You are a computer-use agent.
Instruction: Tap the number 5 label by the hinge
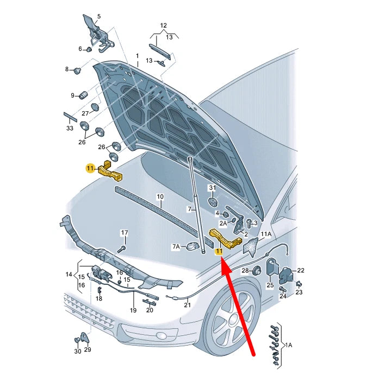point(99,16)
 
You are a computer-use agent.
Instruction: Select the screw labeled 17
point(122,249)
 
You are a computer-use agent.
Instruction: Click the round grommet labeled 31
point(213,202)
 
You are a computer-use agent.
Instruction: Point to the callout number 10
point(160,196)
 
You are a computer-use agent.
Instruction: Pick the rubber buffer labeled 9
point(84,95)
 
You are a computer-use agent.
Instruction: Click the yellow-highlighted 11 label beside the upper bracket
point(90,168)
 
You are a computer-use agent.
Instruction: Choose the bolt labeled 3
point(249,223)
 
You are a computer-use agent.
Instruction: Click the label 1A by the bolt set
point(288,345)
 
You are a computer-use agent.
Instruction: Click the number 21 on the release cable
point(187,305)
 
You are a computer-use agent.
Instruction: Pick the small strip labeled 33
point(70,117)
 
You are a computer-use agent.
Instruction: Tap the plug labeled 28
point(257,271)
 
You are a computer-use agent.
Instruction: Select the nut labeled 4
point(226,215)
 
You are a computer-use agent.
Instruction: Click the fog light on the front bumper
point(162,335)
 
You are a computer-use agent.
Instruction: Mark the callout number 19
point(133,310)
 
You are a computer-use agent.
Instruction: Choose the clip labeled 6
point(89,49)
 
